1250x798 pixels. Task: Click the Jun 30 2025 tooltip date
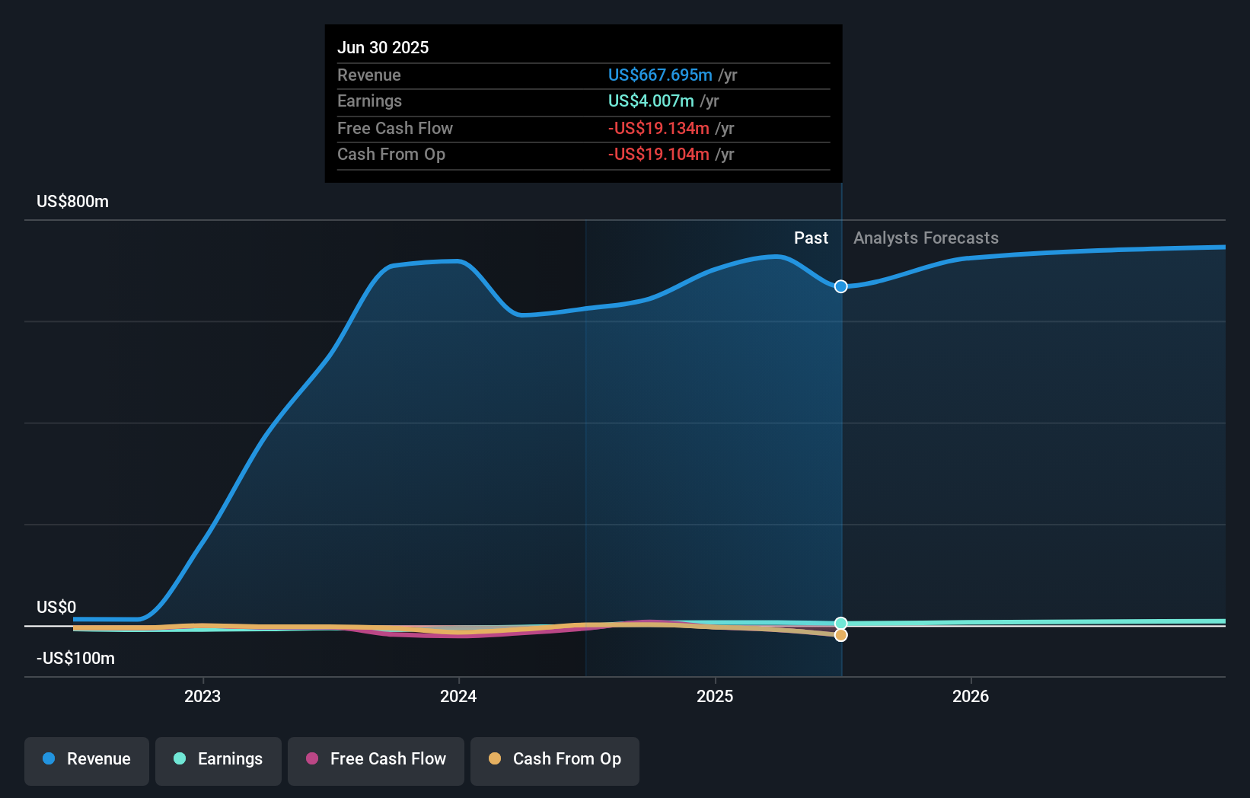383,47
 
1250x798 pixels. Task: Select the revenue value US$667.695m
660,75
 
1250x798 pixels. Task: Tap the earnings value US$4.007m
651,101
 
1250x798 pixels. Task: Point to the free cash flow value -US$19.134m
658,128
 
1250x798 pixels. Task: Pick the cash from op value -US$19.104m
658,154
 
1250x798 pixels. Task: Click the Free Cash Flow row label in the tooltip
394,128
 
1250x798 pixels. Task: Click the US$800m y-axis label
72,201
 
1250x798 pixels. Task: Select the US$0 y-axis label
56,607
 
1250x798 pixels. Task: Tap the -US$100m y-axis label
75,658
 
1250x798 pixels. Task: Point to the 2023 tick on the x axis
202,696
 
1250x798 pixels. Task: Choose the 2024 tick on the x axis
458,696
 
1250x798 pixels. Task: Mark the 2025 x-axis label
715,696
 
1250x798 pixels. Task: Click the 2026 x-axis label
971,696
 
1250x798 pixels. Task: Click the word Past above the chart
811,238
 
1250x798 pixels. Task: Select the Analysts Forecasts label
926,238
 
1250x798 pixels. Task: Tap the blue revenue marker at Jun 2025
840,286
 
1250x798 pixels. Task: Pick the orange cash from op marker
840,635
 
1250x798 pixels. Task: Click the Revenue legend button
87,759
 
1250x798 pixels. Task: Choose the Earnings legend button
218,759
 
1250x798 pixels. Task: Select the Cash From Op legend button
555,759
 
